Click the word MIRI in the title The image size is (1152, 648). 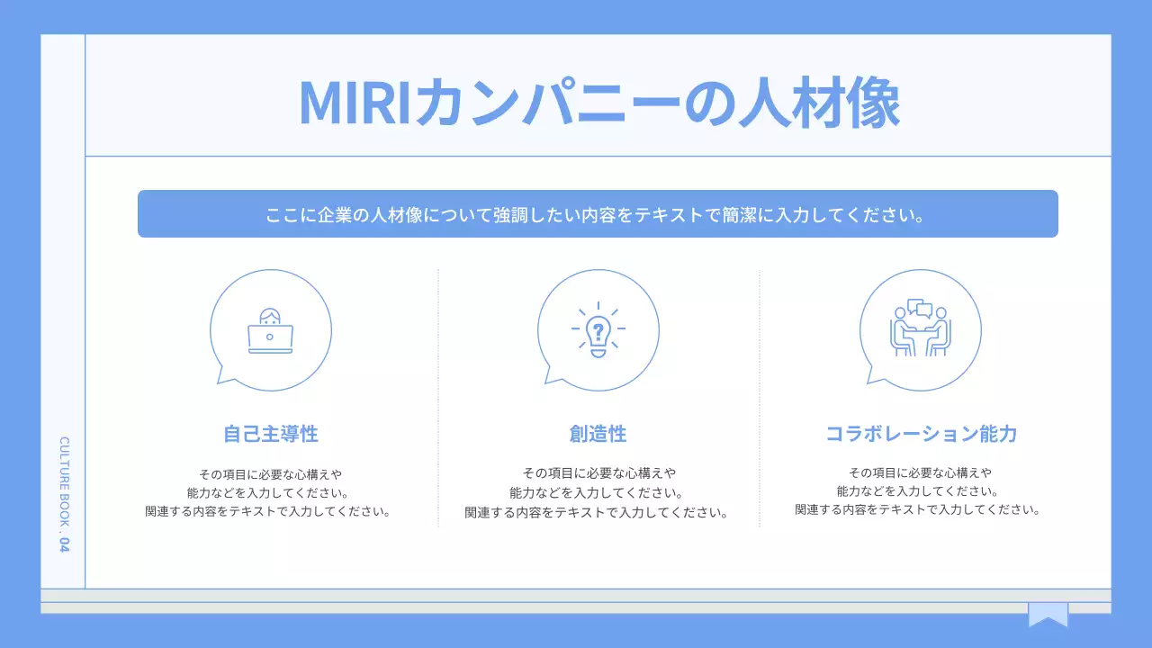[x=354, y=103]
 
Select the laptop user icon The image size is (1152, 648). [x=270, y=330]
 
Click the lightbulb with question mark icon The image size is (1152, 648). [x=598, y=330]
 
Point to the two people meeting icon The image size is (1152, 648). [x=920, y=330]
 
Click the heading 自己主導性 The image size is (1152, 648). [x=271, y=434]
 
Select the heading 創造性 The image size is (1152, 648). [x=598, y=434]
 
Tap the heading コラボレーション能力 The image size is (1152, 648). [x=921, y=434]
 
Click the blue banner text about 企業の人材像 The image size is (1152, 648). [x=597, y=216]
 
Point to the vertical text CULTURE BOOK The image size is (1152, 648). [x=64, y=481]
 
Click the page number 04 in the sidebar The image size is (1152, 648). [x=64, y=544]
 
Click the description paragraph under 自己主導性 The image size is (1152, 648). [x=270, y=492]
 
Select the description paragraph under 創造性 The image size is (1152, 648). [x=597, y=492]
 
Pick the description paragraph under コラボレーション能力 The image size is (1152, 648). [x=918, y=491]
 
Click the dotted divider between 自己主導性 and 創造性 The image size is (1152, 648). [x=438, y=396]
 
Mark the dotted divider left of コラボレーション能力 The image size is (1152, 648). [x=760, y=396]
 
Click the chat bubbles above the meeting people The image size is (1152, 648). [x=919, y=308]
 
